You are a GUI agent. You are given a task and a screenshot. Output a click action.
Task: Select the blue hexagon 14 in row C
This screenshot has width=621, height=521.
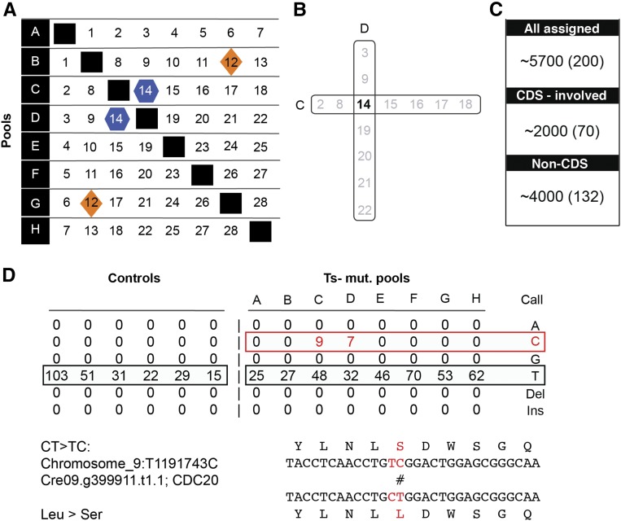[x=147, y=89]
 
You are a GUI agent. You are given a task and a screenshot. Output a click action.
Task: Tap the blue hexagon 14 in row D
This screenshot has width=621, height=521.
[x=119, y=118]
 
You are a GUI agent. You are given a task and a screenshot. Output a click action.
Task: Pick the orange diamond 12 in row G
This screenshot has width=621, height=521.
[x=91, y=204]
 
